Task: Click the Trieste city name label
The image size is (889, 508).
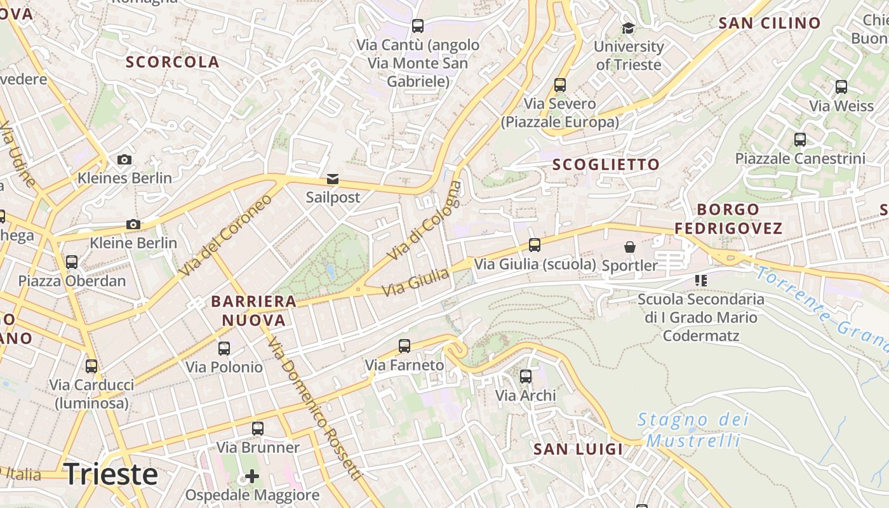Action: (111, 474)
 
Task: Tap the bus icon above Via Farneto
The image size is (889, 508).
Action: (404, 346)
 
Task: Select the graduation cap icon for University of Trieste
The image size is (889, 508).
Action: (628, 28)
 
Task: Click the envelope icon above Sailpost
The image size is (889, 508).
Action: (333, 179)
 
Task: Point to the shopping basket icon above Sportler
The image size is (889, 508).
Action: (629, 246)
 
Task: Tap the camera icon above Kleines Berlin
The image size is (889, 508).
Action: (124, 159)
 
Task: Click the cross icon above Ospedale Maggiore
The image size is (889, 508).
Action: (252, 476)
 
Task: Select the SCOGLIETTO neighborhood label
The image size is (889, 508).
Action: (606, 165)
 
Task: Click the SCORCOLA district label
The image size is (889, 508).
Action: (172, 62)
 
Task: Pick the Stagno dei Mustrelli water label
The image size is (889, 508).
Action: (693, 430)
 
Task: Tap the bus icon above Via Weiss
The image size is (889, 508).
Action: (841, 87)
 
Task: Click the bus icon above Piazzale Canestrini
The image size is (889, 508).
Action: (800, 139)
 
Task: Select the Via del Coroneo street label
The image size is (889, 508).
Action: (225, 236)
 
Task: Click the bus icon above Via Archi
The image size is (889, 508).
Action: (526, 377)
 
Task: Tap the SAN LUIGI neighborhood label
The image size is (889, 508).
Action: (578, 450)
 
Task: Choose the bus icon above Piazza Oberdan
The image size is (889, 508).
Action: (72, 262)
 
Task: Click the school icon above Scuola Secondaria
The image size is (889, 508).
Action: (701, 280)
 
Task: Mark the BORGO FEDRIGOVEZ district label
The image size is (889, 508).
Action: (728, 219)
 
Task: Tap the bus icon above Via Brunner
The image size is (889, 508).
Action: (257, 429)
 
